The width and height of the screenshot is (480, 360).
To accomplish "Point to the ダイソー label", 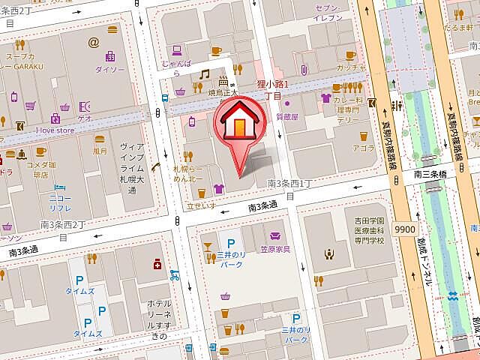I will pos(109,69).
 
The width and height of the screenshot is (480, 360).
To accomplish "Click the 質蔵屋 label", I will pos(287,116).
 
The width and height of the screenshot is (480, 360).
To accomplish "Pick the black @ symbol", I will pos(93,42).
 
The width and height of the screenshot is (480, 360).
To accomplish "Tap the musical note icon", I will pos(204,74).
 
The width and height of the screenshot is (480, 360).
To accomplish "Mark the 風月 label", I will pos(100,151).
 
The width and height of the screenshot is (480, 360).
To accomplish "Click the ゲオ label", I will pos(85,118).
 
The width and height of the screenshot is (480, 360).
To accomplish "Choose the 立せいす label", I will pos(201,205).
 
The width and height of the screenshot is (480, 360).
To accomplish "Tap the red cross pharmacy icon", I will pos(157,264).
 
